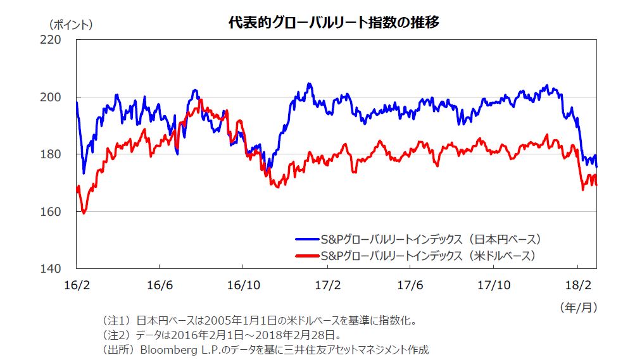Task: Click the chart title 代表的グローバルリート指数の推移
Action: (x=334, y=22)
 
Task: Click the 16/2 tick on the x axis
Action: (x=76, y=285)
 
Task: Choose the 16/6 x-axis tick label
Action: (x=160, y=285)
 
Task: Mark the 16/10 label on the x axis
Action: (x=243, y=285)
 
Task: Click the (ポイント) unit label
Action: (x=70, y=25)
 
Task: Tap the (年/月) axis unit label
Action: (x=577, y=307)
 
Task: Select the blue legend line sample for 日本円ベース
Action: (x=307, y=239)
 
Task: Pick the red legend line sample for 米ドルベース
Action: (x=307, y=256)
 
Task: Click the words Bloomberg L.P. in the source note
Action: (x=175, y=349)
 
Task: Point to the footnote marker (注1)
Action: (x=115, y=321)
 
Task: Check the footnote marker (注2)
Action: (x=115, y=335)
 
